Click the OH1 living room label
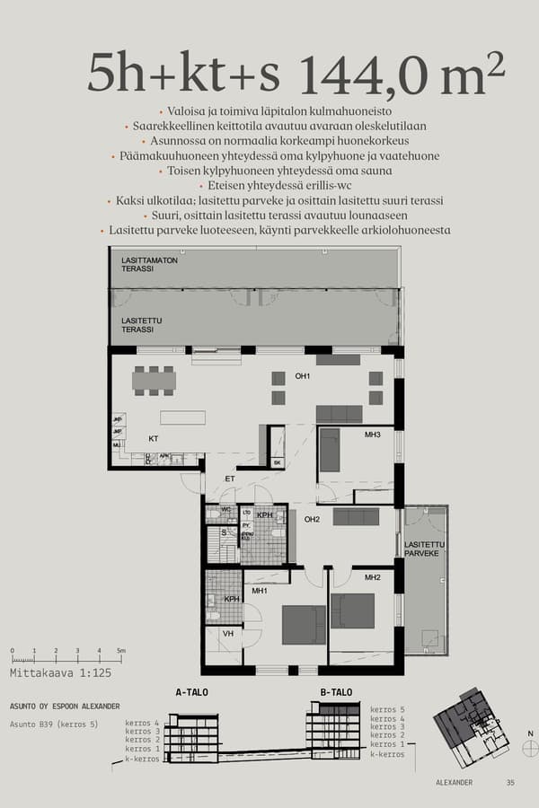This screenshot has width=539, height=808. tap(303, 375)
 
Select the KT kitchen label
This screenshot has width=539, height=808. tap(154, 440)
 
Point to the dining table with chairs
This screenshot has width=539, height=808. tap(154, 381)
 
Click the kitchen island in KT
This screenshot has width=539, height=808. tap(182, 417)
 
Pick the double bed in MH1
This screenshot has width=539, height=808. tap(304, 625)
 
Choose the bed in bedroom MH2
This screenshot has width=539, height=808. tap(352, 610)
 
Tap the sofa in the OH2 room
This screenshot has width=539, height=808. tap(356, 517)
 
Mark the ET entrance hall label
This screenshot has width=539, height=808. tap(229, 479)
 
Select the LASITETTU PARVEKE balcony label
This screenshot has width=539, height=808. tap(422, 549)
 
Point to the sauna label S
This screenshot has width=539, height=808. tap(224, 532)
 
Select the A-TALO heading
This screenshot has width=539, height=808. tap(192, 692)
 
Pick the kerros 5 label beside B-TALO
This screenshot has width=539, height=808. tap(388, 709)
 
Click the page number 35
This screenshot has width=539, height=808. tap(510, 782)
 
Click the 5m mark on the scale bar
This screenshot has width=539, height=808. tap(121, 650)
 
